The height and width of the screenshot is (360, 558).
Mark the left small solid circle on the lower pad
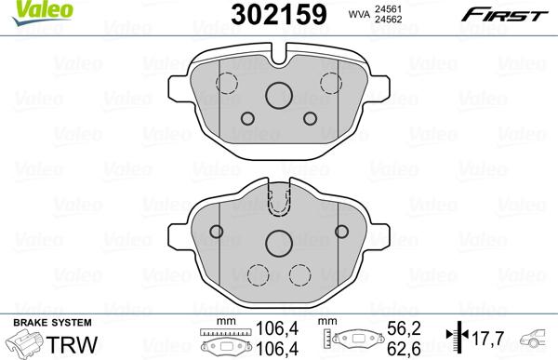(214, 232)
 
